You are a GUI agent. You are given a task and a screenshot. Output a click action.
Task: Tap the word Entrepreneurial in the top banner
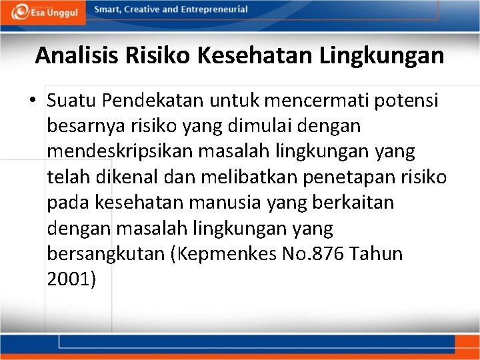click(x=213, y=9)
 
